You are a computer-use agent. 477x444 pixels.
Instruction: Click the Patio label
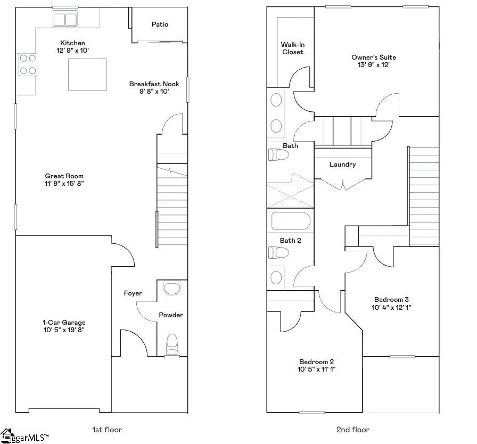tap(160, 24)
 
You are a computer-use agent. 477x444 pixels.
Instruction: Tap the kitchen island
tap(87, 75)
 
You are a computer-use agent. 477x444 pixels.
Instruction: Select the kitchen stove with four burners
tap(28, 64)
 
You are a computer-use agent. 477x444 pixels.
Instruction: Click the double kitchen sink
tap(65, 20)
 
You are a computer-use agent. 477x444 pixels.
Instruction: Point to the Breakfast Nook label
tap(154, 84)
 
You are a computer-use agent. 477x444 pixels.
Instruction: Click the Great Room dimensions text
tap(64, 184)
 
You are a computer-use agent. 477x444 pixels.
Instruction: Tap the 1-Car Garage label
tap(64, 323)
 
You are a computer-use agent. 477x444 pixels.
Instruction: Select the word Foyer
tap(133, 293)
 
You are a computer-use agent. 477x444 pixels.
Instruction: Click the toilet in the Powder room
tap(172, 344)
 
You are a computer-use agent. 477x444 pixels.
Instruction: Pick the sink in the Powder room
tap(172, 289)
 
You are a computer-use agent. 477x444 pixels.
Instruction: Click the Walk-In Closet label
tap(292, 48)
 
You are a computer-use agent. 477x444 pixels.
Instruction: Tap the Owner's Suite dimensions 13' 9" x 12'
tap(373, 65)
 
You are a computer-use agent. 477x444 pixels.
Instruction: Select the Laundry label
tap(342, 165)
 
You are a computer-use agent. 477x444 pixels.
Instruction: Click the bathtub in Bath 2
tap(291, 221)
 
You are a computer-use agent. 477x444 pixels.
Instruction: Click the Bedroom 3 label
tap(392, 299)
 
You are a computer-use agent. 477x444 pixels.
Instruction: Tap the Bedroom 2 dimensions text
tap(317, 369)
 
